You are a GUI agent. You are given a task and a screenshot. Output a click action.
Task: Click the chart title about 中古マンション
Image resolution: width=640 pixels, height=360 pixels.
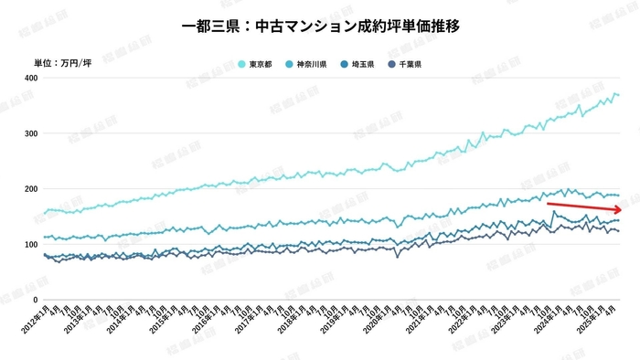(320, 26)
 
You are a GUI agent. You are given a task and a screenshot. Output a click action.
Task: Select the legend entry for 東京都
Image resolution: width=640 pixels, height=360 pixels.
(257, 64)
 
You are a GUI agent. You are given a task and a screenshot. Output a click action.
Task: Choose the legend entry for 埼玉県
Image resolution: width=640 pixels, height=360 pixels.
(357, 64)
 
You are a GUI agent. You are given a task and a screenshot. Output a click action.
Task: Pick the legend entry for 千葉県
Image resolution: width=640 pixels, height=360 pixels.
(403, 64)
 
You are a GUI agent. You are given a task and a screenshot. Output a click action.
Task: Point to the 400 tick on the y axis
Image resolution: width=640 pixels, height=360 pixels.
(30, 79)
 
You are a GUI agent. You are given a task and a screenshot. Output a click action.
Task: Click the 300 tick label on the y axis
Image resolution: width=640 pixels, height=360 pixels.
(30, 134)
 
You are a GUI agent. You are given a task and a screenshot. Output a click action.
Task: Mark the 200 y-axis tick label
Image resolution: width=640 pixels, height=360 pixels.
(30, 189)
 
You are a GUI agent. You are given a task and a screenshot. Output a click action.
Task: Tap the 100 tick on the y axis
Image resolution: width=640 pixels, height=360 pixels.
(30, 245)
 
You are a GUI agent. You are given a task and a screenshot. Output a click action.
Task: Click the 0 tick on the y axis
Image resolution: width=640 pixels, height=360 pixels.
(34, 300)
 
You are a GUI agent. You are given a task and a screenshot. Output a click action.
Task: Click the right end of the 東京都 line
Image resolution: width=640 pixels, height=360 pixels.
(619, 95)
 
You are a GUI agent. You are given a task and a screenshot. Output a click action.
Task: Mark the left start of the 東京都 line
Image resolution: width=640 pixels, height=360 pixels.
(44, 214)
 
